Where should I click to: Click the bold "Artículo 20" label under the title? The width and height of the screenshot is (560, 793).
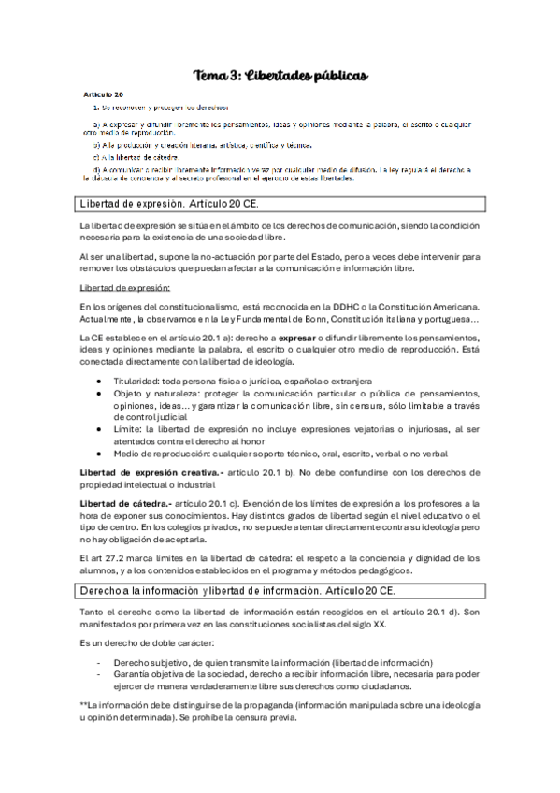(104, 95)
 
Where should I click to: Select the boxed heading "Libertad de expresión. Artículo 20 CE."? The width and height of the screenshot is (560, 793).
(167, 203)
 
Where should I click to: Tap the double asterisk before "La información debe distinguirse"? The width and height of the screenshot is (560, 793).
(84, 702)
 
